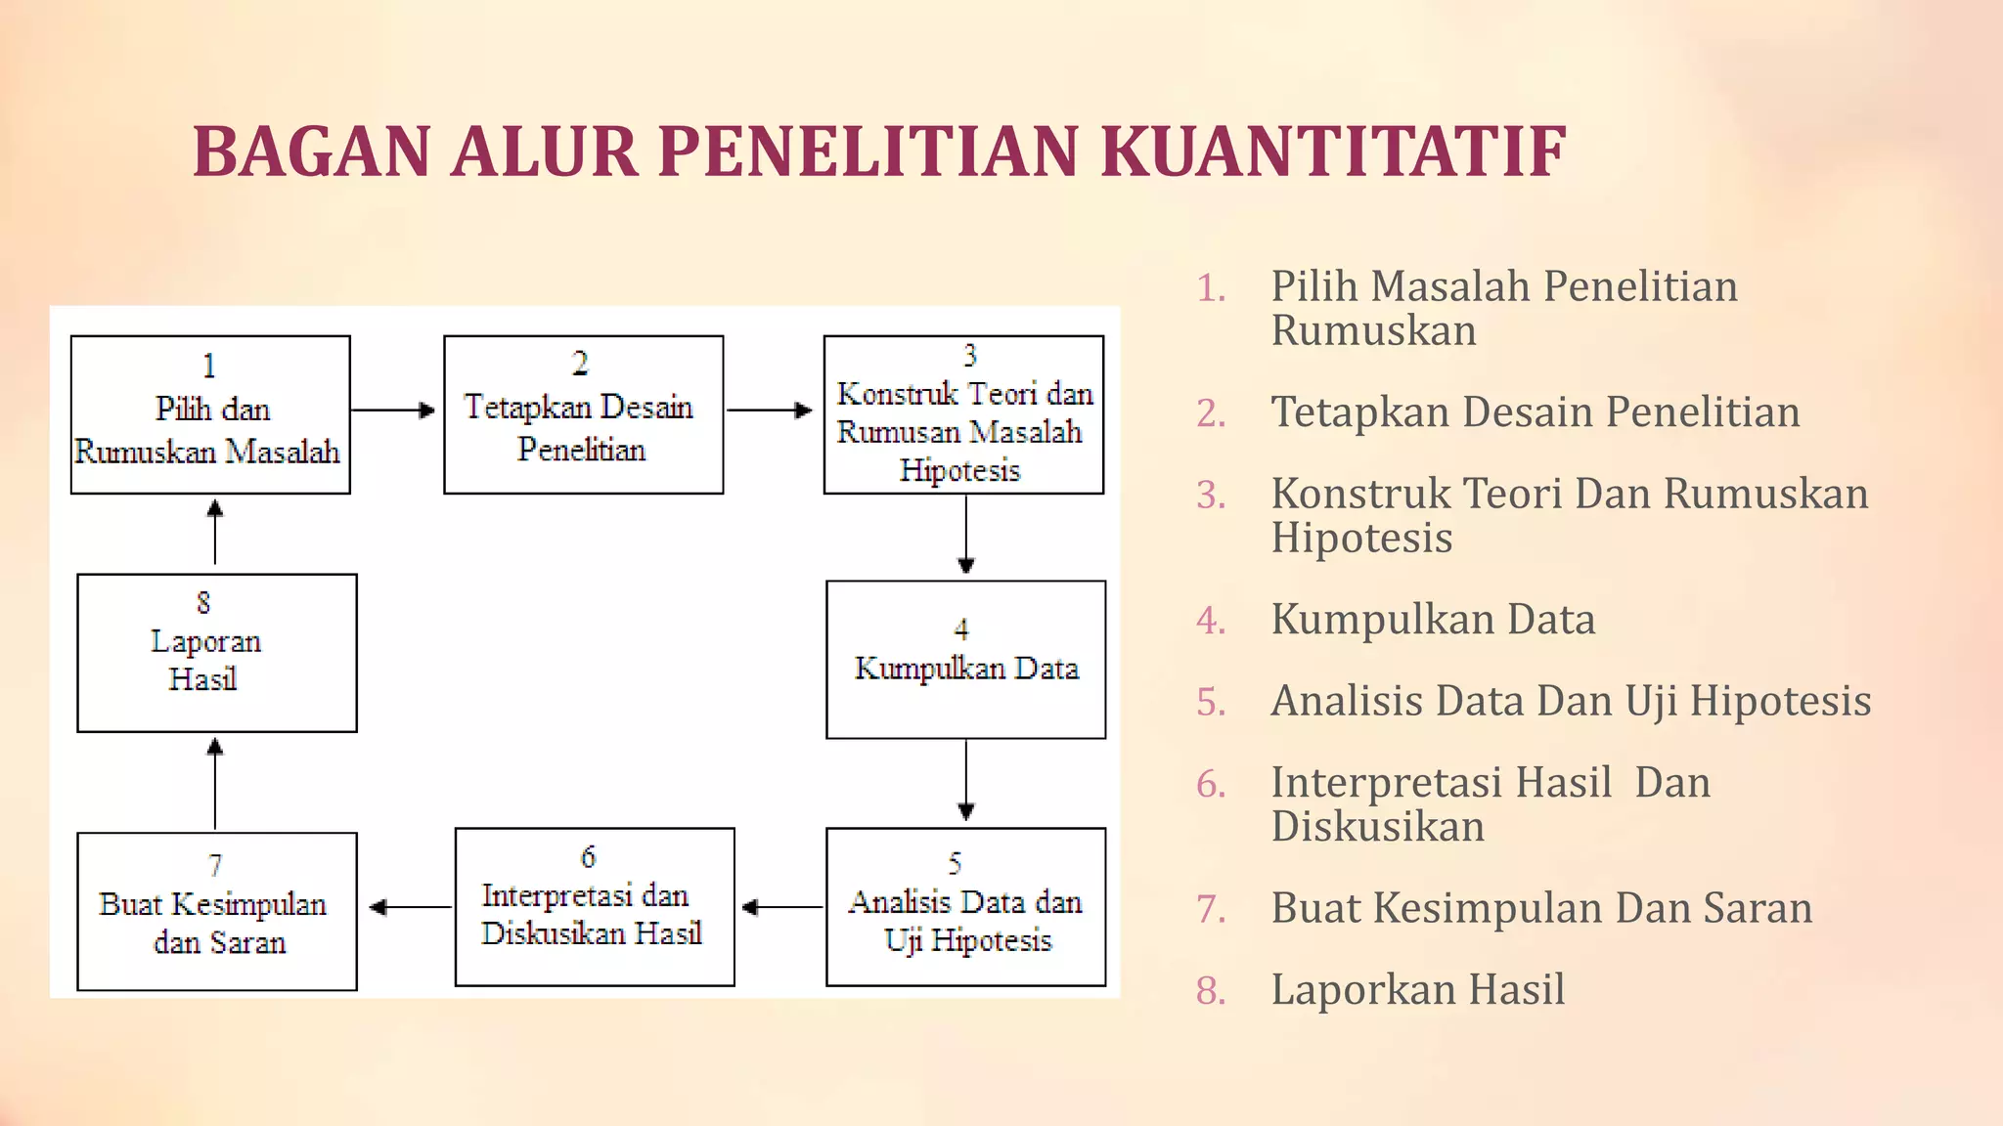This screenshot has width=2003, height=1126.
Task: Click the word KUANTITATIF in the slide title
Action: coord(1333,152)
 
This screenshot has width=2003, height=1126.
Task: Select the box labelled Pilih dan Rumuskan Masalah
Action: coord(210,414)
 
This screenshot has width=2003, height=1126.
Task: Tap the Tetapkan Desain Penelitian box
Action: coord(583,414)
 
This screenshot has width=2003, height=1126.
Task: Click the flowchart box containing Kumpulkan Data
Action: coord(965,659)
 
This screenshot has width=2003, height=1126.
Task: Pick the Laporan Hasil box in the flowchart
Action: coord(216,652)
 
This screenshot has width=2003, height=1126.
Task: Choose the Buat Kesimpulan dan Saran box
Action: coord(216,911)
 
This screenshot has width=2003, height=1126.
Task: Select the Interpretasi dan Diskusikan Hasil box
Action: coord(594,906)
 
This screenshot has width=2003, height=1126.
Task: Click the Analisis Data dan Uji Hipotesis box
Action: coord(965,906)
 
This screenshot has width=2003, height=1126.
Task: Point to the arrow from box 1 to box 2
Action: coord(392,411)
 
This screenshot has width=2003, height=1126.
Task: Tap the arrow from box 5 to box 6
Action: coord(781,907)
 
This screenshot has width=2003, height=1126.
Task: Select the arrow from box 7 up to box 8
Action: coord(215,783)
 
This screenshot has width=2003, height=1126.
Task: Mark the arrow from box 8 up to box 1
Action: coord(215,533)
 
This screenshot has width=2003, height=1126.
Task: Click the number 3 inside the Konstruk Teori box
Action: coord(969,355)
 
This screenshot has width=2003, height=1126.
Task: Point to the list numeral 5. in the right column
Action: coord(1211,702)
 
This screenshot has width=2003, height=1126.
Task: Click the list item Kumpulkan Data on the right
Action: coord(1433,620)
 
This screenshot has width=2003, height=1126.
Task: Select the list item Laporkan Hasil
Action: coord(1417,989)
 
